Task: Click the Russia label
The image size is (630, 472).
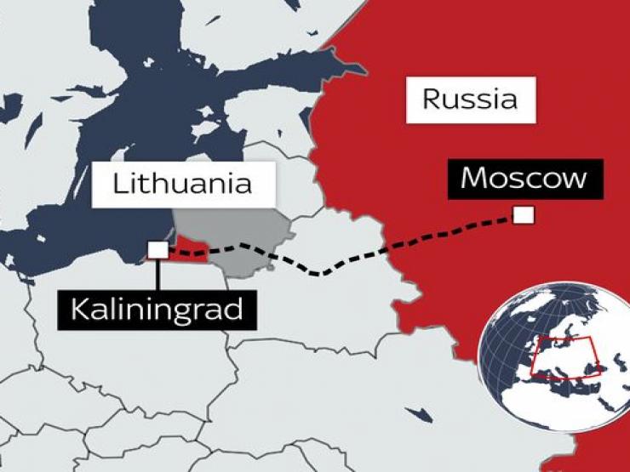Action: (x=470, y=100)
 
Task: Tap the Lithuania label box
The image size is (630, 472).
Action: (x=183, y=183)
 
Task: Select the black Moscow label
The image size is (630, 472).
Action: (x=524, y=179)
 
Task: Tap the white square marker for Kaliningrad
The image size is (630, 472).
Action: (x=157, y=249)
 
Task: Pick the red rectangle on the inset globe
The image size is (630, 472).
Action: (x=565, y=357)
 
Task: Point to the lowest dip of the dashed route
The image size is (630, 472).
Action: (x=319, y=274)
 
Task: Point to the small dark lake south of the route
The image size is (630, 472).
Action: (x=417, y=414)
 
